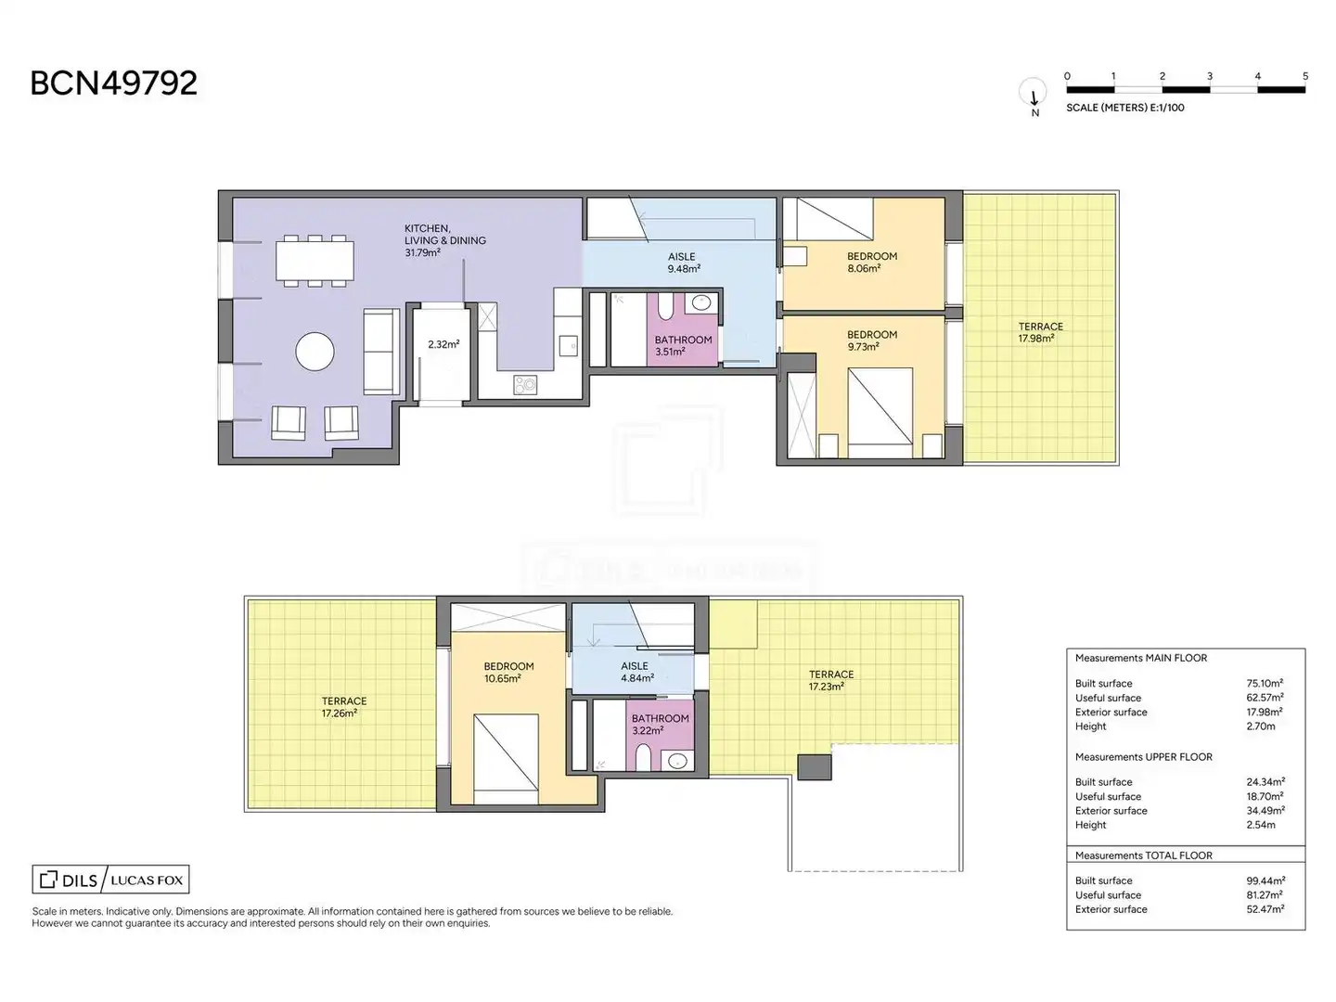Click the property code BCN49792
(114, 83)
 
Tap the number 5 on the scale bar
(1305, 76)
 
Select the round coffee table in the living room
(315, 352)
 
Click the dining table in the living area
(315, 261)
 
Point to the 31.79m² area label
(422, 252)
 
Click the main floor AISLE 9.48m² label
(683, 263)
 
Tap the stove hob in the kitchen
(525, 384)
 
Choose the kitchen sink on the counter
(568, 345)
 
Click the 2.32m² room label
(443, 344)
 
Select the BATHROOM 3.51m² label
(682, 345)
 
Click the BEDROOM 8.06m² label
(871, 263)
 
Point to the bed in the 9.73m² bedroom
(880, 413)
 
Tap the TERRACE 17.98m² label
(1040, 332)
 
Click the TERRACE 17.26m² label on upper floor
(344, 707)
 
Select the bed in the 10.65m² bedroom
(506, 760)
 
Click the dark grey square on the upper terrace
(814, 767)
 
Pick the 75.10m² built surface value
(1265, 683)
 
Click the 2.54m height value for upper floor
(1261, 825)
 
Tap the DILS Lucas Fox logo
(110, 880)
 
